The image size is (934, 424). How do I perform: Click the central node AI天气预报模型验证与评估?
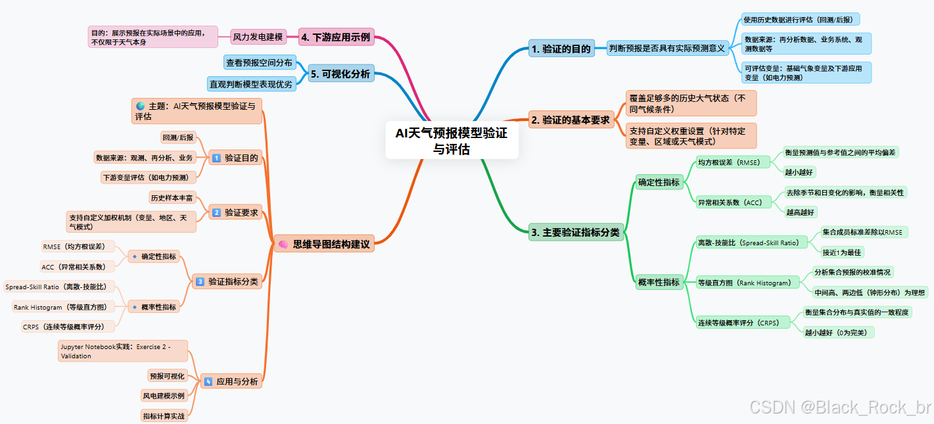[x=452, y=141]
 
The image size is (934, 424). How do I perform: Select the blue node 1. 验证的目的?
[x=561, y=48]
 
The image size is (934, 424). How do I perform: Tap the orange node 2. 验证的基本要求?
[x=571, y=120]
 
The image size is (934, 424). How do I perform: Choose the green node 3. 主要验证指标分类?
[x=574, y=231]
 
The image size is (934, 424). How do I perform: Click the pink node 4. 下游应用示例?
[x=335, y=37]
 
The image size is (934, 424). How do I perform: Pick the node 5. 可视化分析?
[x=340, y=74]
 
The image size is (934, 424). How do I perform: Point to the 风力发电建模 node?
[x=258, y=37]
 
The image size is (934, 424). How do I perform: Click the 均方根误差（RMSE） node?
[x=732, y=162]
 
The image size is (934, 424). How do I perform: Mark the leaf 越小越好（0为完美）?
[x=839, y=333]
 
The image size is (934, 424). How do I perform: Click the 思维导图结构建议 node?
[x=323, y=244]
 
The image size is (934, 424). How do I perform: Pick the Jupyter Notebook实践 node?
[x=123, y=351]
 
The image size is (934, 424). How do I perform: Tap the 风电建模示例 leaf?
[x=164, y=396]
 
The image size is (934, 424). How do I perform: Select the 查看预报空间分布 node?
[x=259, y=62]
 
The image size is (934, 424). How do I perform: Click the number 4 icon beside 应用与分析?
[x=208, y=381]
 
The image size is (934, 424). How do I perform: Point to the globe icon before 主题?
[x=140, y=106]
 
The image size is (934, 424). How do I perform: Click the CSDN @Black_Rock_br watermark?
[x=840, y=408]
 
